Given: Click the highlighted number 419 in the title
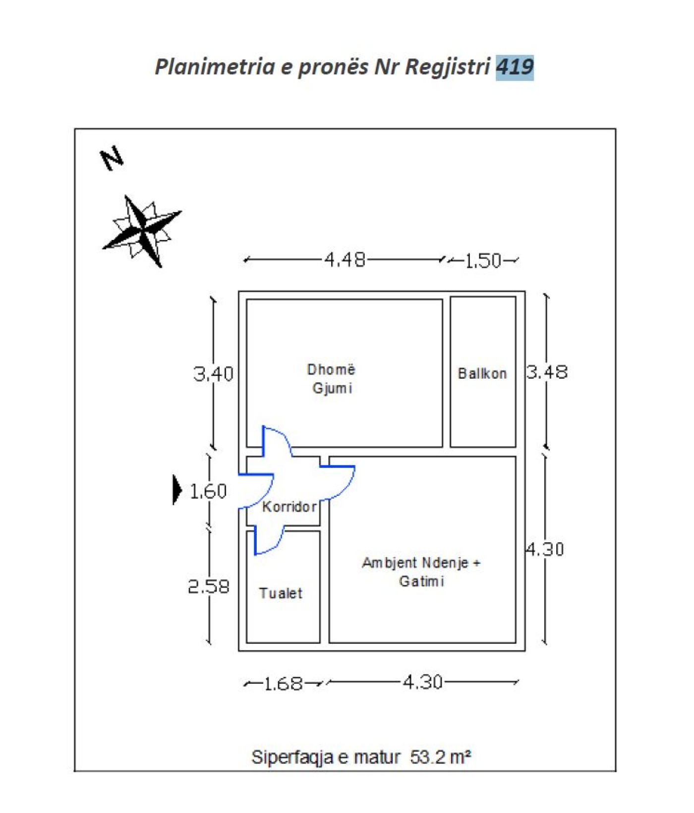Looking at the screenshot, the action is coord(515,67).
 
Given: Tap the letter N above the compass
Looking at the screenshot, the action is coord(113,158).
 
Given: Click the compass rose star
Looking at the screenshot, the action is coord(142,231).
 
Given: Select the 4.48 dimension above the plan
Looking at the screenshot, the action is coord(345,259).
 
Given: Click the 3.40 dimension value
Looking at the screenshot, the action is coord(213,374).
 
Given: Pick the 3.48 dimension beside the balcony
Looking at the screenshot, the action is coord(547,372).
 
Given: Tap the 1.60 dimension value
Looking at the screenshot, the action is coord(208,491).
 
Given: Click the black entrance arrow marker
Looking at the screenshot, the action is coord(177,490).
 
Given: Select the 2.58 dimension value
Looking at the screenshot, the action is coord(209,587).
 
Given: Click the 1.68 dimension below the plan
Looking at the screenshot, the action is coord(283,684).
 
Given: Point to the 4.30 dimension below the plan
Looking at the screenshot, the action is coord(422,683).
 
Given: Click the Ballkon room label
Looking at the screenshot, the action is coord(482,374).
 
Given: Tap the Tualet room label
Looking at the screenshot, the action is coord(281,593).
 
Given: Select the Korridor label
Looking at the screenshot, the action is coord(289,507).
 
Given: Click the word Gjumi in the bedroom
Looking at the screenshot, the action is coord(332,389).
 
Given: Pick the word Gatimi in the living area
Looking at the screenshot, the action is coord(421,581).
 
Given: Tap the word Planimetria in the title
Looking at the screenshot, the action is coord(215,67).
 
